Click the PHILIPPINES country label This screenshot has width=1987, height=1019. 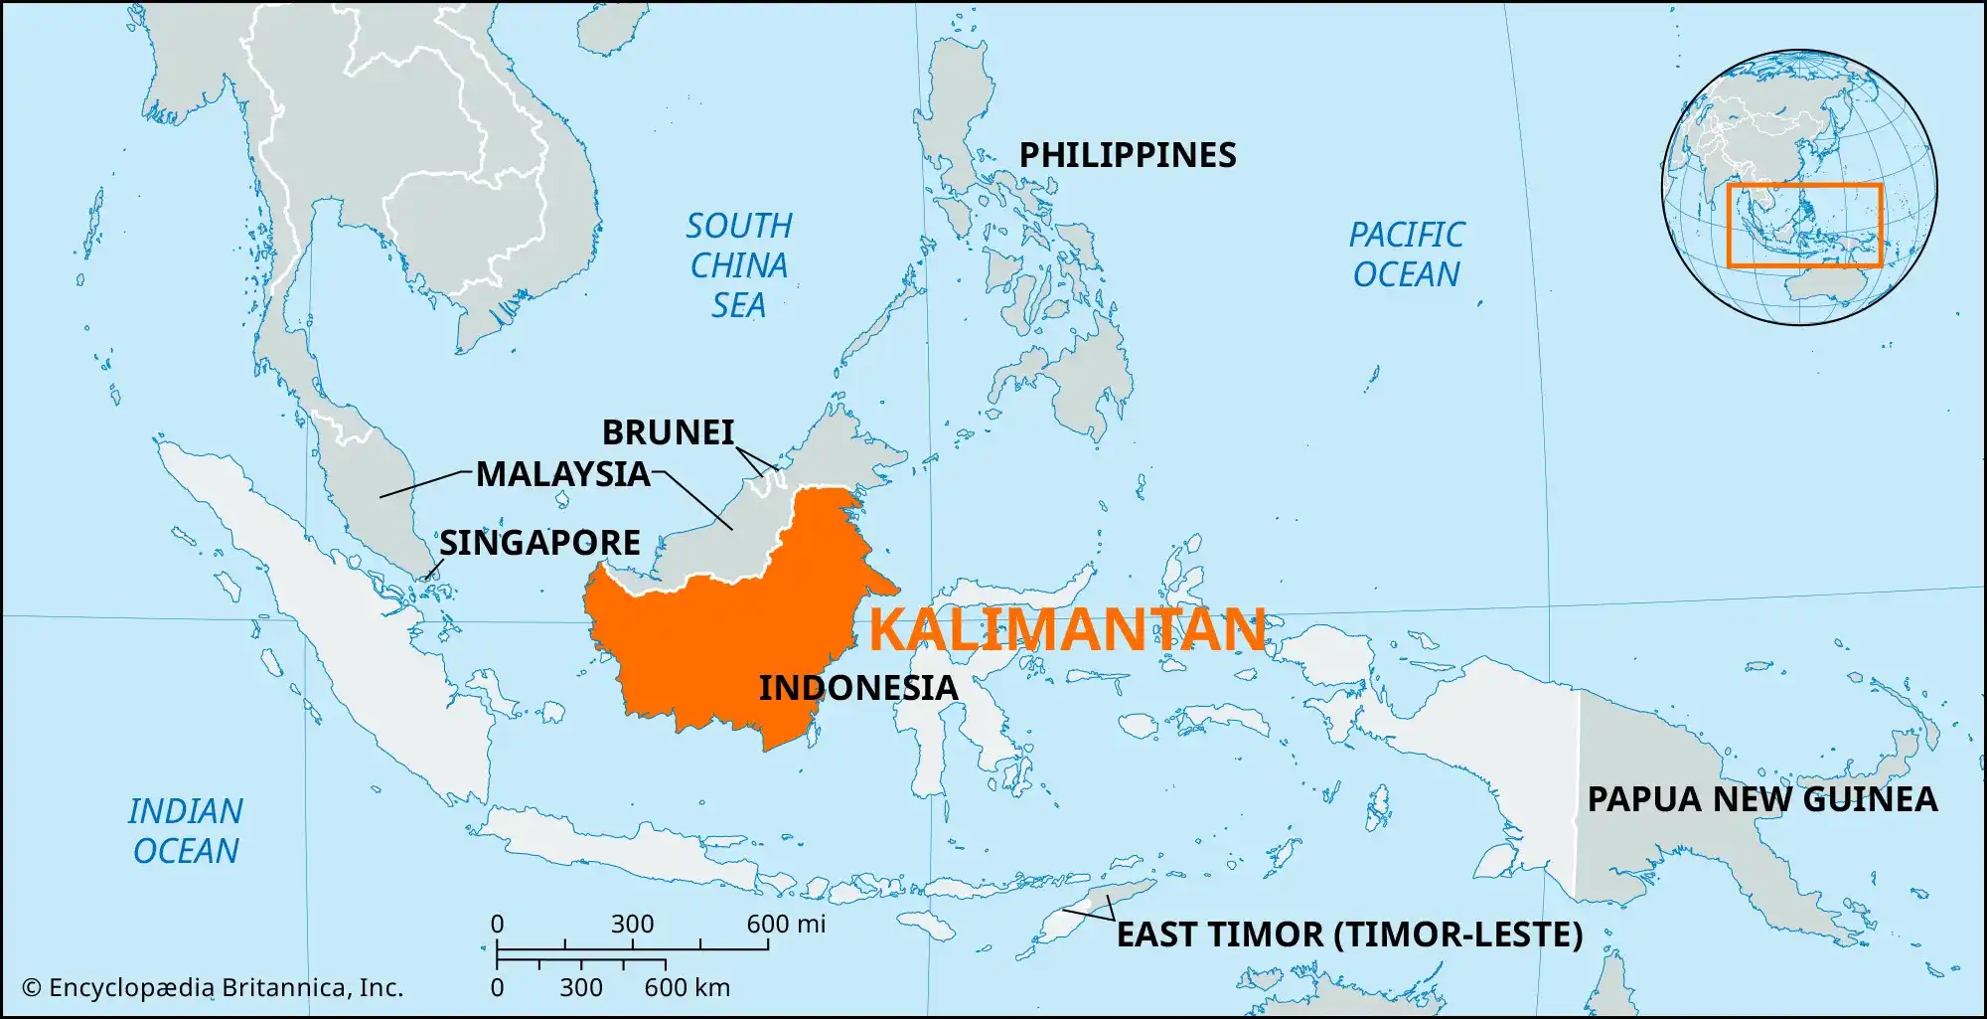click(x=1128, y=155)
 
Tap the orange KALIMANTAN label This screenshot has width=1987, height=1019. click(x=1067, y=630)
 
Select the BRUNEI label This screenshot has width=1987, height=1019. click(x=668, y=432)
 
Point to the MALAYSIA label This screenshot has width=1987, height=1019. click(x=563, y=474)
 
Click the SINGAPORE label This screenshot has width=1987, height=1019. click(x=539, y=543)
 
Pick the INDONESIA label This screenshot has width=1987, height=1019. click(x=858, y=688)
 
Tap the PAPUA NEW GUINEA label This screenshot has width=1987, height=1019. click(x=1761, y=799)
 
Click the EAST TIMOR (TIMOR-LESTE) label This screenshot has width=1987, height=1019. click(x=1349, y=934)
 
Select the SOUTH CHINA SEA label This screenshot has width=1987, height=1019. click(x=739, y=265)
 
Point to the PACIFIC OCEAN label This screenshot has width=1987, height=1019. click(x=1406, y=255)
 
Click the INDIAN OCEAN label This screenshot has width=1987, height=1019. click(x=186, y=831)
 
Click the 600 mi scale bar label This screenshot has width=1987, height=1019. click(x=786, y=925)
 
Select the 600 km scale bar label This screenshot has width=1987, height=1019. click(x=687, y=988)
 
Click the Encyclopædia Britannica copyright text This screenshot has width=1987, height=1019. click(x=213, y=988)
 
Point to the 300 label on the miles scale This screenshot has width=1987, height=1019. click(x=632, y=925)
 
